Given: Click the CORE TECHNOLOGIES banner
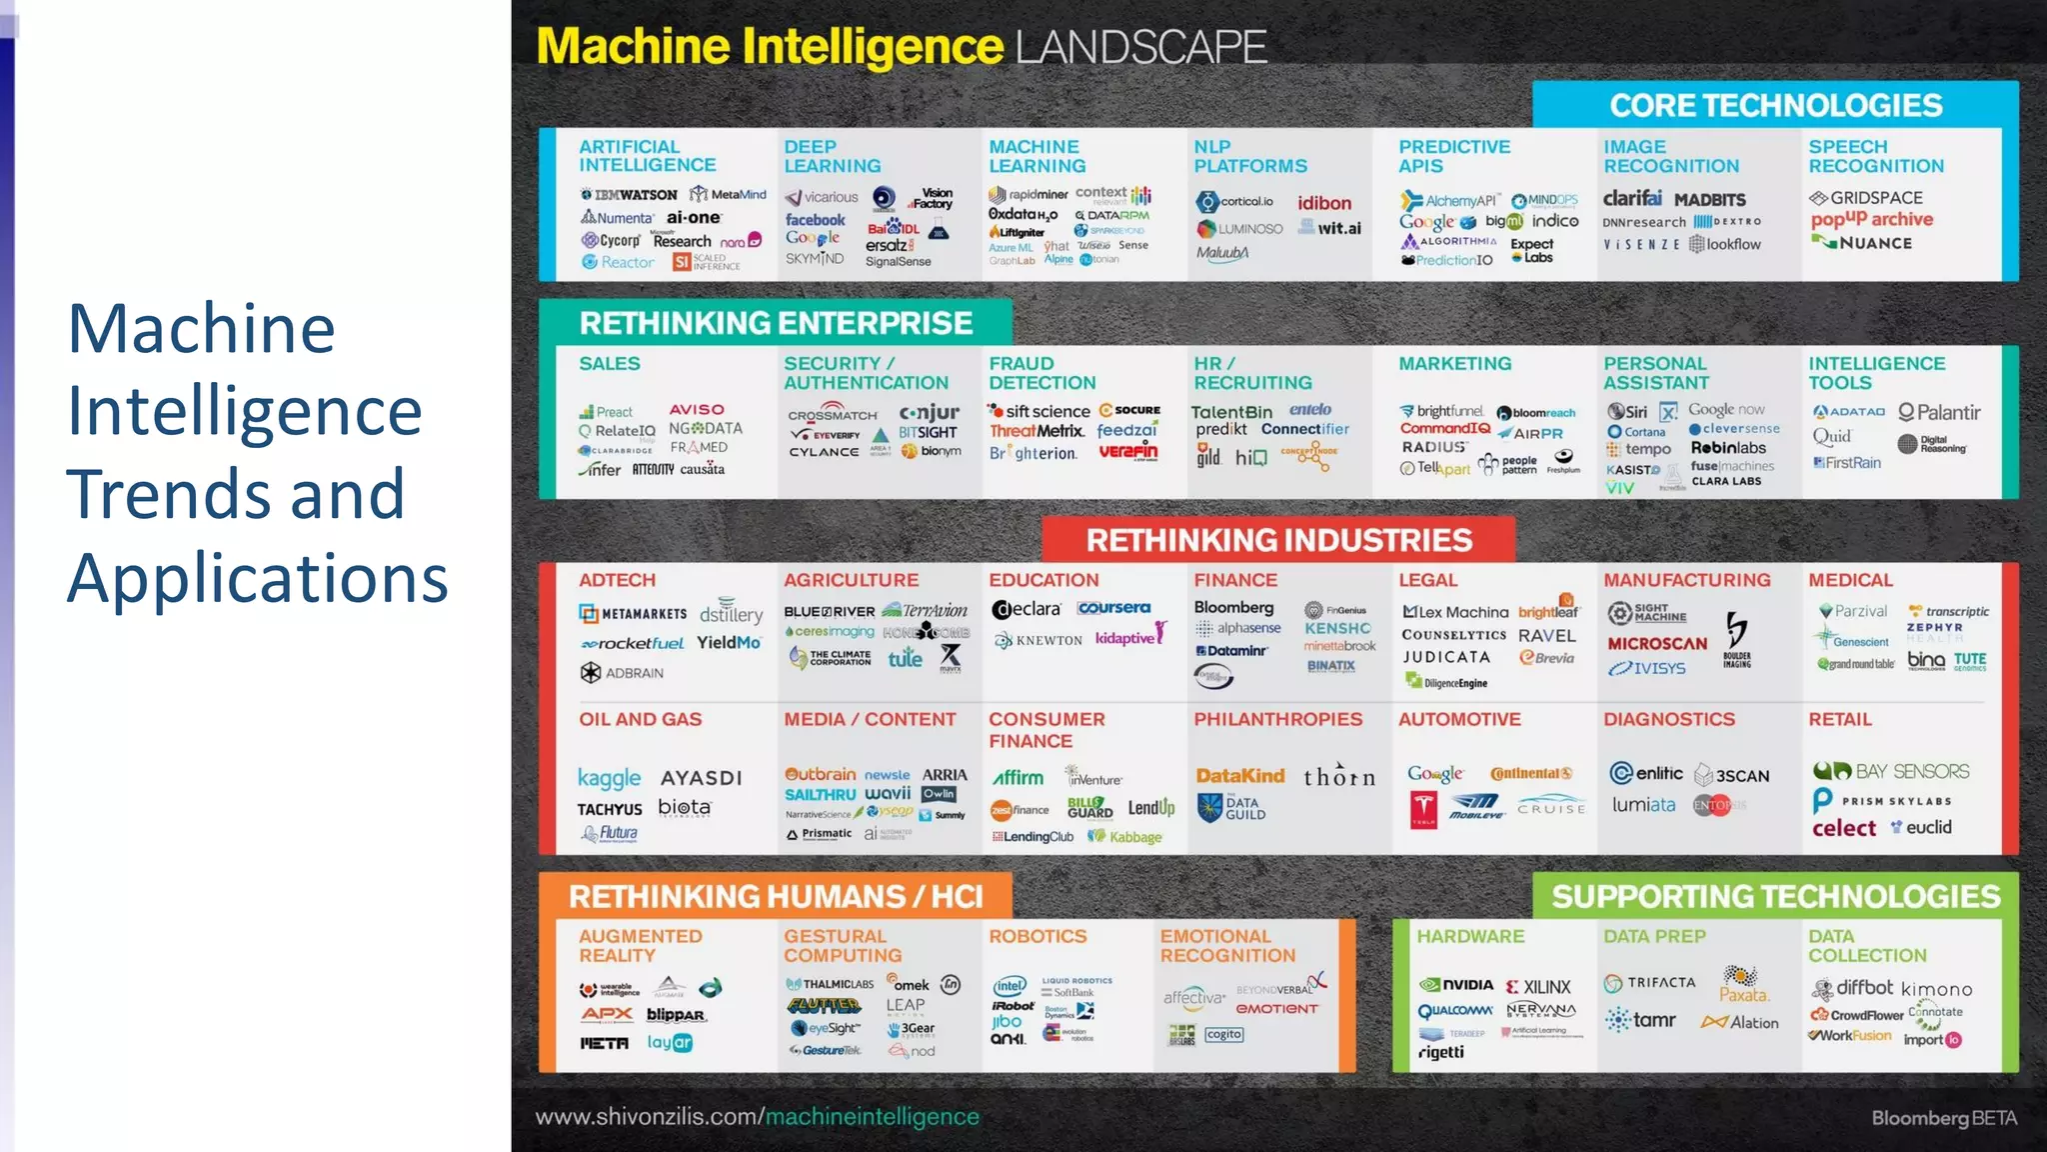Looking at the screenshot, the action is pos(1775,105).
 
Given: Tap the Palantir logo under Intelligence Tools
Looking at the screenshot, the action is pos(1939,412).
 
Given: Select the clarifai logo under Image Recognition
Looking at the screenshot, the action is pos(1632,198).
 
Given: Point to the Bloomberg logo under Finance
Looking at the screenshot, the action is pos(1233,607).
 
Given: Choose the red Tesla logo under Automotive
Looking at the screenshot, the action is pos(1423,808).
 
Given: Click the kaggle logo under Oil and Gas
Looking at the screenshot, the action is pos(609,778).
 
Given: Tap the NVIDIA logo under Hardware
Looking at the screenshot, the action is pos(1457,985).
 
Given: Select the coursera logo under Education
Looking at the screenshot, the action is pos(1113,607).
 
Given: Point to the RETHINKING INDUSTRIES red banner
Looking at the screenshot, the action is pos(1278,540).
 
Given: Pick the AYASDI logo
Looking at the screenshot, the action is pos(701,778).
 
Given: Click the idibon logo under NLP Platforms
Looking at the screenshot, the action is pos(1324,203).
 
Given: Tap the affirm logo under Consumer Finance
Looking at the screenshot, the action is pos(1018,778).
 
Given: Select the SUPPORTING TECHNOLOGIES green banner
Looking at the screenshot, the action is pos(1775,896).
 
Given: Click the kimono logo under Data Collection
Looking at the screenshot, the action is pos(1936,989).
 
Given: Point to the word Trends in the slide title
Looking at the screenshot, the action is pos(236,494).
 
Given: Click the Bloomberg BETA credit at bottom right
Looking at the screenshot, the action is pos(1943,1118).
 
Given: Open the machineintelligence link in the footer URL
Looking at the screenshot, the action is pos(872,1116).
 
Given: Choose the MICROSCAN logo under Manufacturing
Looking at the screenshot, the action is pos(1657,644).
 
